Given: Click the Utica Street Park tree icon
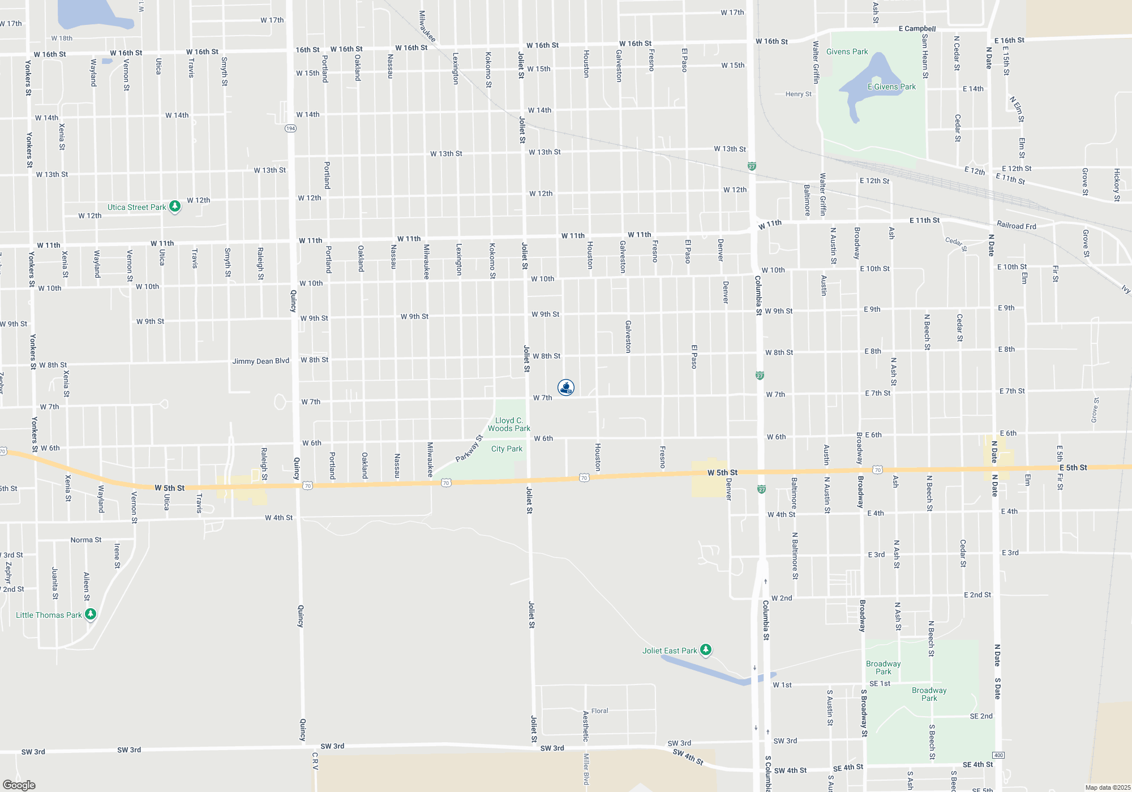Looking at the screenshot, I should point(175,206).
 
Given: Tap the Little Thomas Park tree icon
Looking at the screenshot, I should point(90,614).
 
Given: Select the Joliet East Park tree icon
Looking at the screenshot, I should point(705,650).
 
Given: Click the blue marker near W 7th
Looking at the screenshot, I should point(565,388).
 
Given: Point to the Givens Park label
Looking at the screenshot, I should point(847,51).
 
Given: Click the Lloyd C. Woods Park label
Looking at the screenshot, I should point(509,424).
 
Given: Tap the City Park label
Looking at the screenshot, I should point(507,449).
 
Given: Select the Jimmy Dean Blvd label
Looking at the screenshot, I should point(260,361).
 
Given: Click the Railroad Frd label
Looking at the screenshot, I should point(1016,225).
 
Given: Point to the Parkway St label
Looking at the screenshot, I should point(469,448).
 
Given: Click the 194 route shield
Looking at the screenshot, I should point(290,128).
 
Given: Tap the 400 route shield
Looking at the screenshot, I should point(998,755).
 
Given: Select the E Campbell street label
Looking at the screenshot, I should point(917,28).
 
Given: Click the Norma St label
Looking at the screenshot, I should point(86,540).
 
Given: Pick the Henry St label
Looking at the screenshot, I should point(798,94).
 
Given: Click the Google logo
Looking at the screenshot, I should point(19,785).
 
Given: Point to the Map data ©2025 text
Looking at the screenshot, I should point(1107,787).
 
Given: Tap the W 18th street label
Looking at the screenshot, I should point(62,38).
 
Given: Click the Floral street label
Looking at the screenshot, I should point(599,711).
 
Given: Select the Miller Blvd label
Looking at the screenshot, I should point(586,769).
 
